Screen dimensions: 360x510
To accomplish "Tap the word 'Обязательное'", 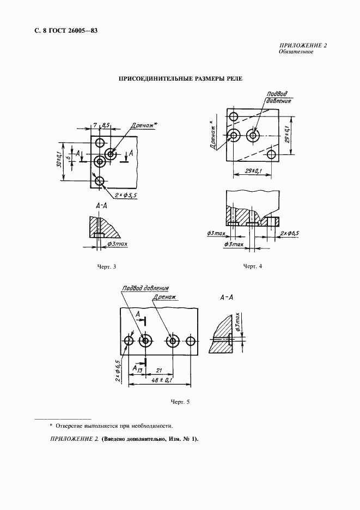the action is [296, 52].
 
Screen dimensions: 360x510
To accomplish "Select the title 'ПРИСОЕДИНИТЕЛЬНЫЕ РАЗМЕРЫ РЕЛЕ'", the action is [180, 78].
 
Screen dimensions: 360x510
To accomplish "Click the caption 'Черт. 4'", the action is [253, 266].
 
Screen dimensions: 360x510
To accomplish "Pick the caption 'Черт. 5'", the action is [180, 402].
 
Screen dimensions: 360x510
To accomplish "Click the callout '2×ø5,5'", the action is [125, 195].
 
